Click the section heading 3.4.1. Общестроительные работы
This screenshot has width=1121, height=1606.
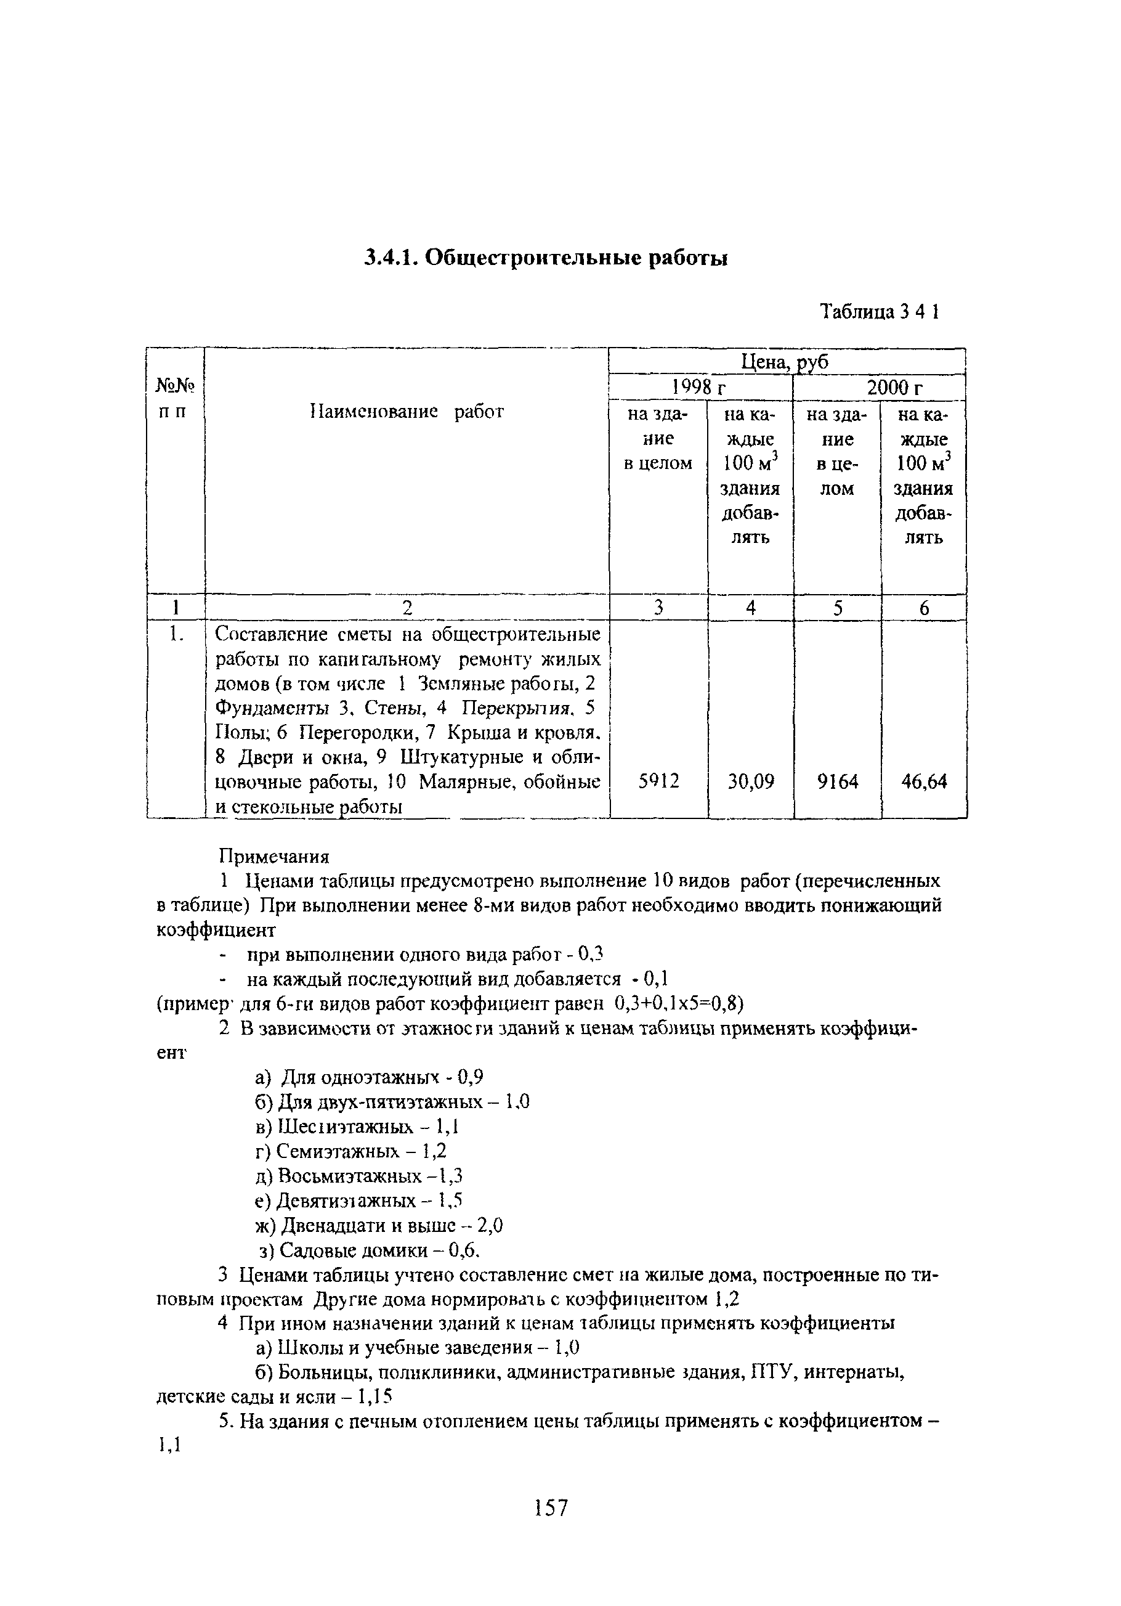point(546,259)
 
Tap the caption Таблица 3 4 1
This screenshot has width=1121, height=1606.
point(879,311)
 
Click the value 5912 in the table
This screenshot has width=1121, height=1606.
point(659,781)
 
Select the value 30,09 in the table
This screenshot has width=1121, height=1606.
point(751,781)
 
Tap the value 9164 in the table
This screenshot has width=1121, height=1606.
point(837,781)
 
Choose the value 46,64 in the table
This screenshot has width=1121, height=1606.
point(923,781)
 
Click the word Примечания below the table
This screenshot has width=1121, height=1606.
point(274,856)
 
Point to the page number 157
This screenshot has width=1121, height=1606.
point(551,1507)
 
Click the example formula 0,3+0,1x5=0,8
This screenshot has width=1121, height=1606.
point(678,1004)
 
